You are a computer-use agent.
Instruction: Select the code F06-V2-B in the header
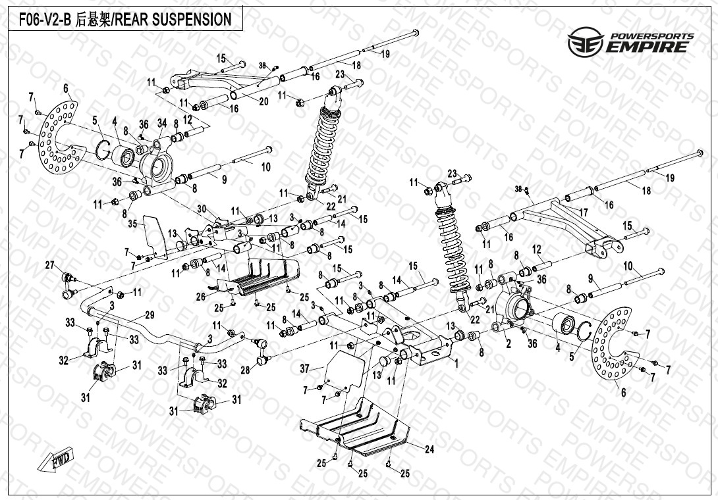point(40,20)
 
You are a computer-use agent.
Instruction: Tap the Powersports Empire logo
point(630,42)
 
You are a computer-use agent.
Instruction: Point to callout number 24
point(429,450)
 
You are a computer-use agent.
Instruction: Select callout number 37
point(304,369)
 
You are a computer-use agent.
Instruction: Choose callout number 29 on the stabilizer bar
point(150,315)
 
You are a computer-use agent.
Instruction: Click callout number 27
point(49,265)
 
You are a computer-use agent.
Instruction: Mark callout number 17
point(583,212)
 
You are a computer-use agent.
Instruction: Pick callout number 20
point(263,101)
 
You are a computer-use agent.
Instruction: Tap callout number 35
point(132,224)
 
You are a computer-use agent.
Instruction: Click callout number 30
point(202,208)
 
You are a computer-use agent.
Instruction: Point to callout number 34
point(161,123)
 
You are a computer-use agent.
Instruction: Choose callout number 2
point(508,343)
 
